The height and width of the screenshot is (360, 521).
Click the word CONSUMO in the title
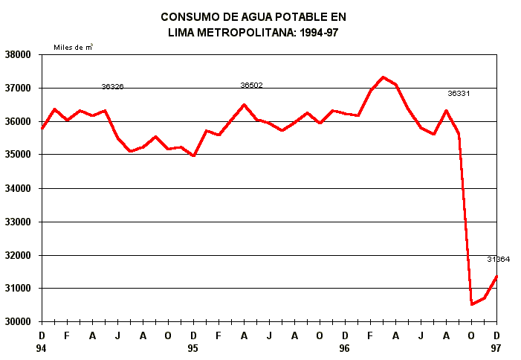click(x=185, y=16)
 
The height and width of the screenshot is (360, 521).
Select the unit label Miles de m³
click(x=73, y=47)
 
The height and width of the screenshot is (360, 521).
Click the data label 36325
click(x=112, y=87)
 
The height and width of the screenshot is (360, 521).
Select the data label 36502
click(x=251, y=86)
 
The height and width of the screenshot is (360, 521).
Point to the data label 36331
click(x=459, y=94)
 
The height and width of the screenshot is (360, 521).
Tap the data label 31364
click(x=498, y=259)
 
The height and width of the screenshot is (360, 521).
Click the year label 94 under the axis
click(x=42, y=348)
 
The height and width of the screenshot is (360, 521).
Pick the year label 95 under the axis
click(x=193, y=348)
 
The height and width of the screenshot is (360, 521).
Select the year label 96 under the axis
click(x=345, y=348)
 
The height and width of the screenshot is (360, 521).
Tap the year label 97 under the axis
click(x=496, y=348)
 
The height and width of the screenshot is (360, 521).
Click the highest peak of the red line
click(x=383, y=77)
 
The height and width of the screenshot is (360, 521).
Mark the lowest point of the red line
click(x=471, y=304)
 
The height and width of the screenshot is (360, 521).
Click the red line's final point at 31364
click(x=496, y=276)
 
